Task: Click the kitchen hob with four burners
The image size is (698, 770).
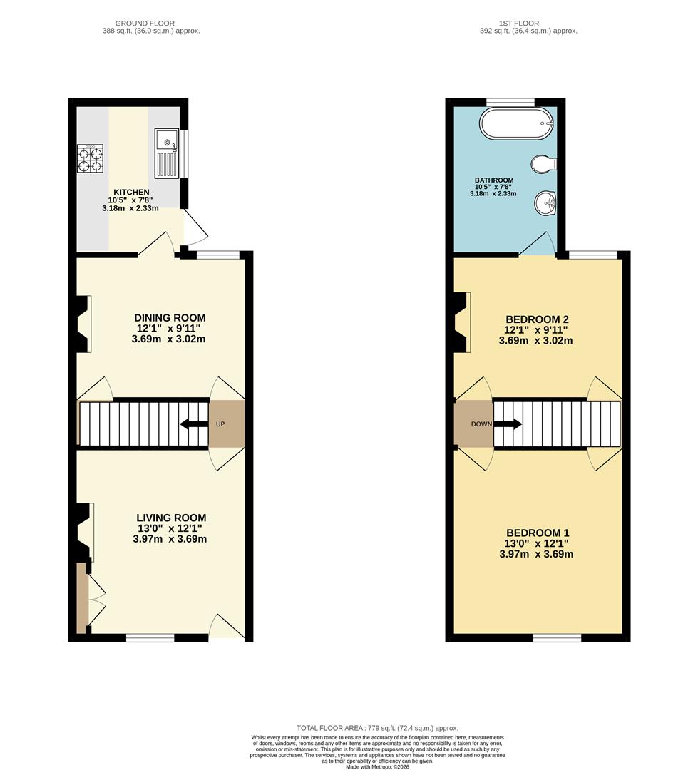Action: [90, 158]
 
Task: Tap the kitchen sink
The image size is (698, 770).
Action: [167, 153]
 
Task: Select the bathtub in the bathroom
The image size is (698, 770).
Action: [517, 124]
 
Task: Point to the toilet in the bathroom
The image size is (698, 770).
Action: [543, 163]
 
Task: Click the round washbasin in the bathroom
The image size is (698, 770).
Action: [545, 202]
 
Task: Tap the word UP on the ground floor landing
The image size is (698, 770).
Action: [220, 423]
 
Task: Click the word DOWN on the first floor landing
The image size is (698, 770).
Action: [481, 423]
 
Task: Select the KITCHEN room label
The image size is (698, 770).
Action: [131, 192]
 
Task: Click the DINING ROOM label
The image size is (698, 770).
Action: [170, 318]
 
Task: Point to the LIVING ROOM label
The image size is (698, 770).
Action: [171, 518]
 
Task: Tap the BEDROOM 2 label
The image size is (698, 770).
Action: [536, 319]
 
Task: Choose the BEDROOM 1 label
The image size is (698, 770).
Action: [538, 533]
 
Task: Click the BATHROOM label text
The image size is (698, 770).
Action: [493, 180]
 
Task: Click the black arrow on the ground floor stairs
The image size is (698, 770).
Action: [193, 423]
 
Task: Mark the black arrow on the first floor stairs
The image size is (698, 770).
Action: [508, 423]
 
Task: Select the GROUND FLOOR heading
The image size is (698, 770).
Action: [145, 23]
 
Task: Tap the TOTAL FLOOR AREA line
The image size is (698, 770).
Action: [377, 728]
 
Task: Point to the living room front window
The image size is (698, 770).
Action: [150, 638]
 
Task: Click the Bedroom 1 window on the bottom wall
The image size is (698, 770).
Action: [558, 638]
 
